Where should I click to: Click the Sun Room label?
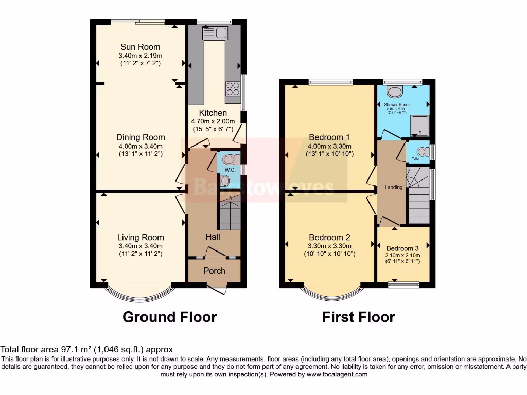tap(140, 47)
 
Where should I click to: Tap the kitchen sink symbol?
tap(215, 34)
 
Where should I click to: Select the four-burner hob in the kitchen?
tap(232, 88)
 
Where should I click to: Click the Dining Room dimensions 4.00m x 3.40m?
tap(140, 146)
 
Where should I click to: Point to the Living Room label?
tap(140, 237)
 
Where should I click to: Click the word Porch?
tap(214, 271)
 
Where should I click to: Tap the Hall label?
tap(213, 237)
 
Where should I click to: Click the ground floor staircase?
tap(230, 212)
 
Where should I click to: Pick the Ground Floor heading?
tap(169, 317)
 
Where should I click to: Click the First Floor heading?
tap(358, 317)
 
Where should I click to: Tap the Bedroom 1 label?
tap(329, 137)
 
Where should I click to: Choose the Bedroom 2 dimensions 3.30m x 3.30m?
tap(329, 245)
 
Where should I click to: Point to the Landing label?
tap(394, 187)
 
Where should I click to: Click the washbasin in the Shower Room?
tap(395, 92)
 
